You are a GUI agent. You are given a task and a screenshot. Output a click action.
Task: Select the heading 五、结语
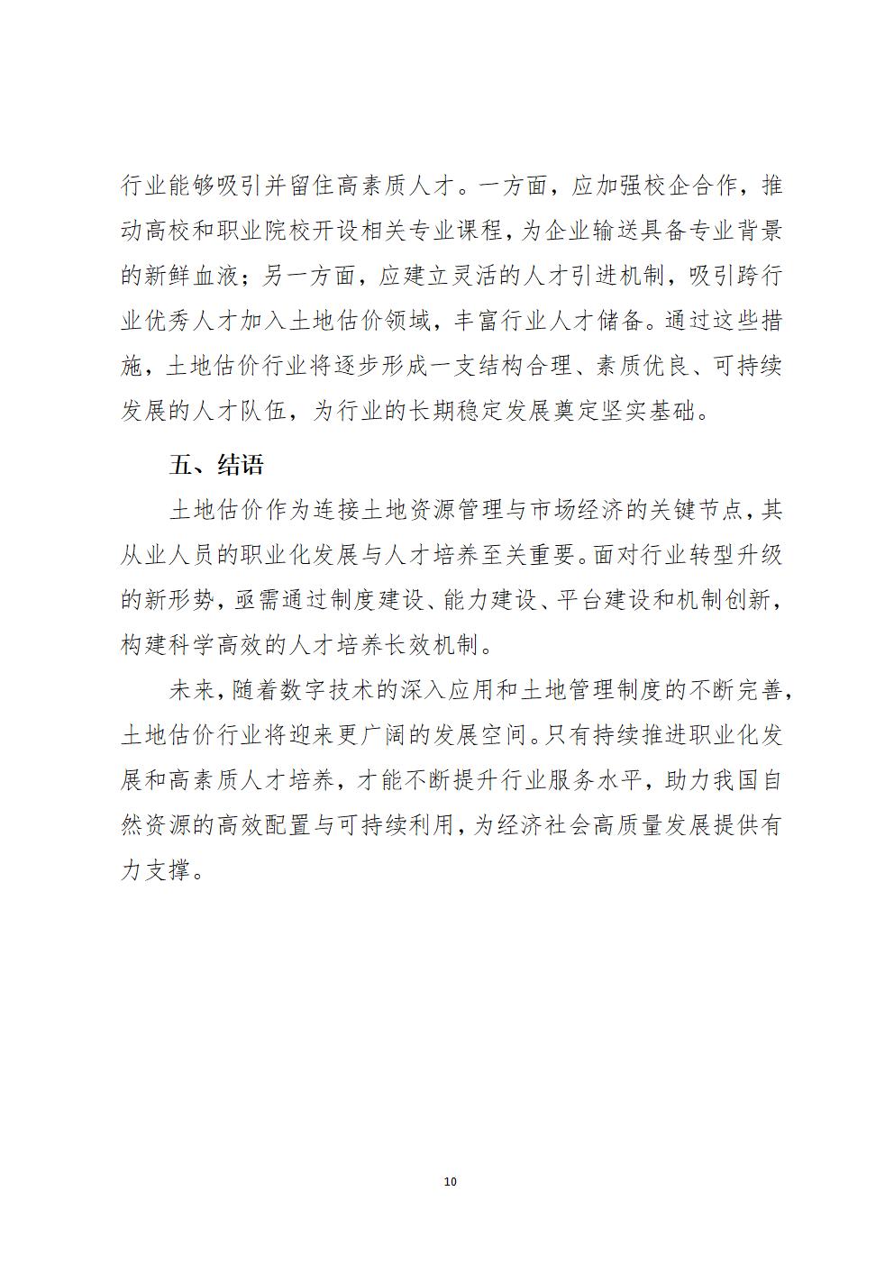pyautogui.click(x=216, y=465)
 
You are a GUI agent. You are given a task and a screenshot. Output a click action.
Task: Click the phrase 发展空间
pyautogui.click(x=477, y=735)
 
